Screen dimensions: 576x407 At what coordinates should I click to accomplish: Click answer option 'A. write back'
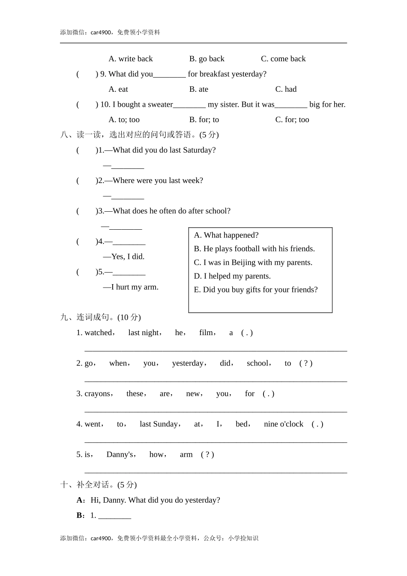[x=131, y=59]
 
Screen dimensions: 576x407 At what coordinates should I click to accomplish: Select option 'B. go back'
[x=206, y=59]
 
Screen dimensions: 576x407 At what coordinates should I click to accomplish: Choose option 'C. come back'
[x=283, y=59]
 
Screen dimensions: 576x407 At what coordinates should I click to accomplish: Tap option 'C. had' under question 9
[x=286, y=89]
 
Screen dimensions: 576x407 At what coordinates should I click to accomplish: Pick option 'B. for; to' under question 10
[x=204, y=120]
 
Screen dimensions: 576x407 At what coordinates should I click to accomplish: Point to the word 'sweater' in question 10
[x=160, y=105]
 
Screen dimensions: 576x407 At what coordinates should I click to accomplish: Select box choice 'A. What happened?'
[x=226, y=235]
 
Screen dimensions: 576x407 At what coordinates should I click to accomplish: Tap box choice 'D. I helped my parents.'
[x=232, y=276]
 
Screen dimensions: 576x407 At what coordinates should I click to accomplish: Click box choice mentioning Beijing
[x=253, y=262]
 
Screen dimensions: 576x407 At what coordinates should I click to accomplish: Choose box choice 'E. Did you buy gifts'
[x=256, y=290]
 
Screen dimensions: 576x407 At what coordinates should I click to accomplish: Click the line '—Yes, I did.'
[x=124, y=257]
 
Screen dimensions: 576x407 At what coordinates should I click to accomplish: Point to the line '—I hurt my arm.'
[x=131, y=287]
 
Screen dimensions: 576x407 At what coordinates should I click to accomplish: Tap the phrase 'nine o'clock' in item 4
[x=283, y=424]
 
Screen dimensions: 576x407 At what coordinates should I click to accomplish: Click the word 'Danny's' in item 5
[x=120, y=454]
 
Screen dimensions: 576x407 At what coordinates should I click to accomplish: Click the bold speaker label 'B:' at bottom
[x=81, y=515]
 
